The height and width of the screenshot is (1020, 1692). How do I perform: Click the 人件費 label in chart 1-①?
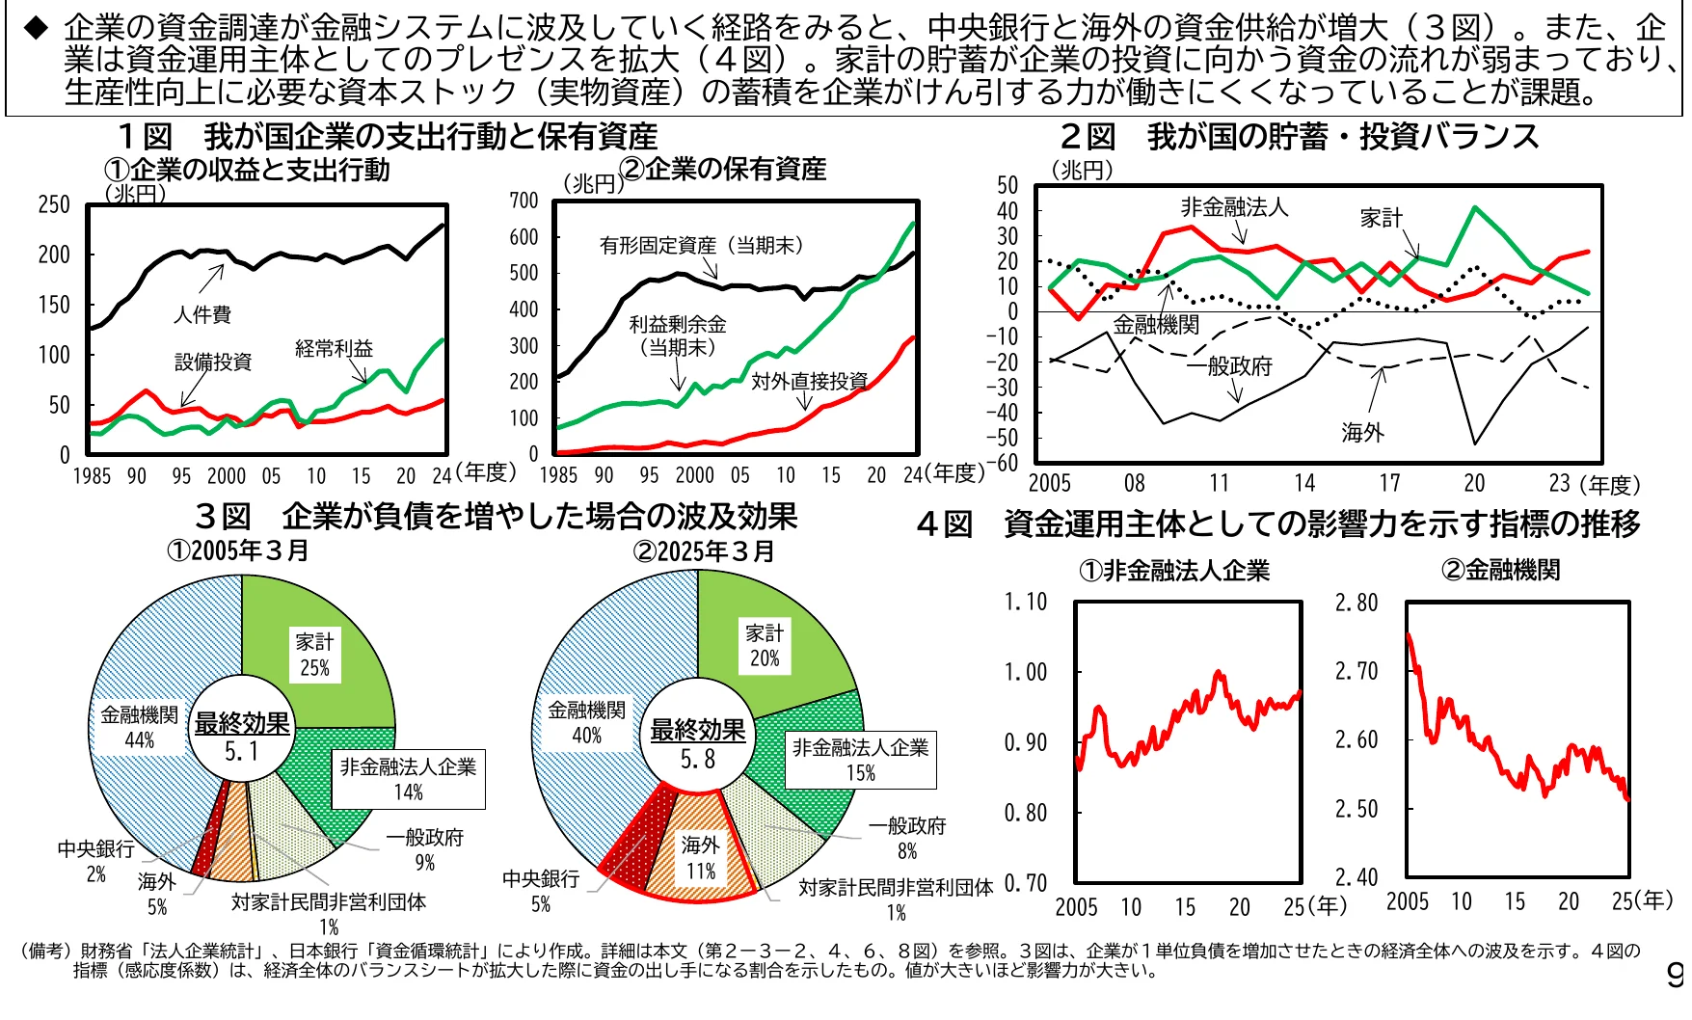[201, 314]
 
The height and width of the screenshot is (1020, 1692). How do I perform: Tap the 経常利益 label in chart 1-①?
[334, 348]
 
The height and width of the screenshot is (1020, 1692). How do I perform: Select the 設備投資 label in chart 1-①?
[213, 362]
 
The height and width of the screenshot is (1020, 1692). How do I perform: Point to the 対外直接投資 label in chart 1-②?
[810, 381]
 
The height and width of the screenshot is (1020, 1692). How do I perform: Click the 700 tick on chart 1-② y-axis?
[524, 201]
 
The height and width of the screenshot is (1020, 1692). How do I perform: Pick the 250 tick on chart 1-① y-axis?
[54, 204]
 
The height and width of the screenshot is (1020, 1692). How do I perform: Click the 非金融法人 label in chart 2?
[1233, 206]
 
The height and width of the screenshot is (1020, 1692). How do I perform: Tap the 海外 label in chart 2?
[1362, 433]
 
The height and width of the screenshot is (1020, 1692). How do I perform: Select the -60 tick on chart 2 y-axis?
[1006, 463]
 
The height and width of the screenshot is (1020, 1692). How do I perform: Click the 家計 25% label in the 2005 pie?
[314, 655]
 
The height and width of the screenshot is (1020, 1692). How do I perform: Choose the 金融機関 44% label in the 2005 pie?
[140, 727]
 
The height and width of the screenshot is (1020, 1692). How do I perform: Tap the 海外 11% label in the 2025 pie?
[701, 857]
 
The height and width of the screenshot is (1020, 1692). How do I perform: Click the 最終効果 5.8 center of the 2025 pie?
[698, 743]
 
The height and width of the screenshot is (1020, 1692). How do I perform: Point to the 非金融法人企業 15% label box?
[860, 760]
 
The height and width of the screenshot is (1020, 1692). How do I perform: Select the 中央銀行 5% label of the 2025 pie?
[541, 891]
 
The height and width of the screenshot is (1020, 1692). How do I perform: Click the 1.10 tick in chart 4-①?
[1025, 603]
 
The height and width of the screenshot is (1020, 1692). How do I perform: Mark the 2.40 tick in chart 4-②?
[1356, 877]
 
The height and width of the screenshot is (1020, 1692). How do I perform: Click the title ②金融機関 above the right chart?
[1500, 570]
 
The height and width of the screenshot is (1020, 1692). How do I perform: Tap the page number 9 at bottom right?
[1676, 976]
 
